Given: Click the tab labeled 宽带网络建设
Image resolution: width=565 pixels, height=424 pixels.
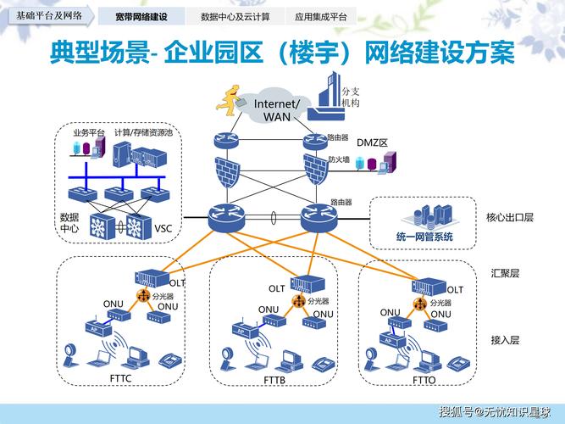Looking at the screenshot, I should tap(141, 16).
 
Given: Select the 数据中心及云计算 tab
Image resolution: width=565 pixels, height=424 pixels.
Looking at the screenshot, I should tap(235, 16).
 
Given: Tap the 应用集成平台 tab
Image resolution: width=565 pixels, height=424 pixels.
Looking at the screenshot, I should tap(320, 16).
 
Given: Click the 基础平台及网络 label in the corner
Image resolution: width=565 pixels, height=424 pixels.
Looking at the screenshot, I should tap(49, 15).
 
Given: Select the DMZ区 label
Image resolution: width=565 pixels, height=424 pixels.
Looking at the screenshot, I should tap(371, 143).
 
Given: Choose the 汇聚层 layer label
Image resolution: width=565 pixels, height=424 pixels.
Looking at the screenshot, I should tap(505, 273).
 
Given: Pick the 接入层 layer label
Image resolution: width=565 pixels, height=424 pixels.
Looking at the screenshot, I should tap(505, 339).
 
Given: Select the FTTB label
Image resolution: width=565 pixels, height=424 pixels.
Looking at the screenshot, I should tap(274, 380).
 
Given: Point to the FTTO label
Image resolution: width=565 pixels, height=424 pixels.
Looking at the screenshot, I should tap(424, 379).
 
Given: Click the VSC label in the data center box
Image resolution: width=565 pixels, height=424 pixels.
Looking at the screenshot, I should tap(163, 228).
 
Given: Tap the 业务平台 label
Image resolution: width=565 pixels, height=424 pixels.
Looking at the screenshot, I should tap(88, 133).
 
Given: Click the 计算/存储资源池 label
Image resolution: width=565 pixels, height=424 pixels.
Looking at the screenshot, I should tap(143, 133).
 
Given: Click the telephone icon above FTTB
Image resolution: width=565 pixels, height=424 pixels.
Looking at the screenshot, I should tap(321, 363).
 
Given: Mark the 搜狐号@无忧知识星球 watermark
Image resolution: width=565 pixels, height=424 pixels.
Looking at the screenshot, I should tap(498, 412).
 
